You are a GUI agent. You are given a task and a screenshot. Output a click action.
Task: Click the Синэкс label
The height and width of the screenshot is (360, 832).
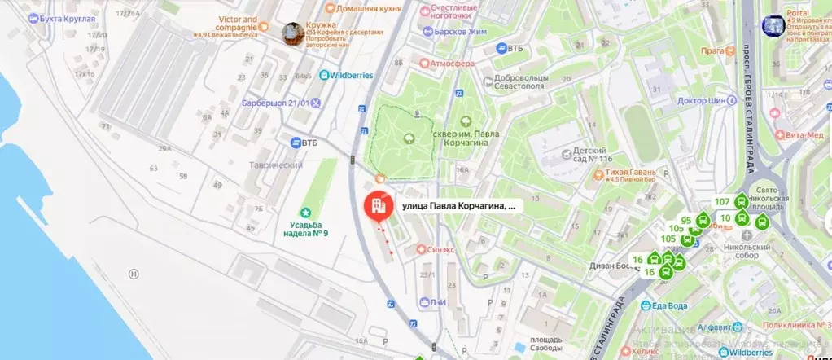(440, 249)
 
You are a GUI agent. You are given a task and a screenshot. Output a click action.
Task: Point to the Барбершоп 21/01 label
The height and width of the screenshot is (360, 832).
(275, 103)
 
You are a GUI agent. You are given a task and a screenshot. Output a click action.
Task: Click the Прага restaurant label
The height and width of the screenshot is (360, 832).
(713, 52)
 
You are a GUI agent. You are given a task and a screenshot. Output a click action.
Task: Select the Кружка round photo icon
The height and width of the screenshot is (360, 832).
(291, 33)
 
